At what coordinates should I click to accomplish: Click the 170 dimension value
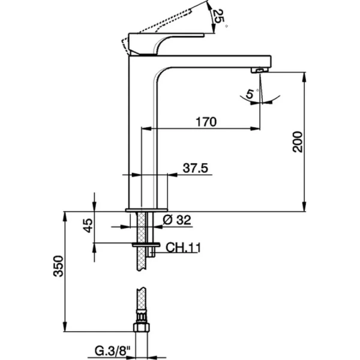[205, 121]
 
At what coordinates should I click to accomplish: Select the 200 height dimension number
[298, 142]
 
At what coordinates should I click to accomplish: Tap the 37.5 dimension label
[195, 169]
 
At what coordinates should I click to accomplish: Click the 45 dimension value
[88, 226]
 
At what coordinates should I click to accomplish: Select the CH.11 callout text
[182, 247]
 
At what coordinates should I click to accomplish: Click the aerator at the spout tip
[257, 70]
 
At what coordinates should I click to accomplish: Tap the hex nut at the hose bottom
[141, 328]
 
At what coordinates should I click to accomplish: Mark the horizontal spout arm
[216, 61]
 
